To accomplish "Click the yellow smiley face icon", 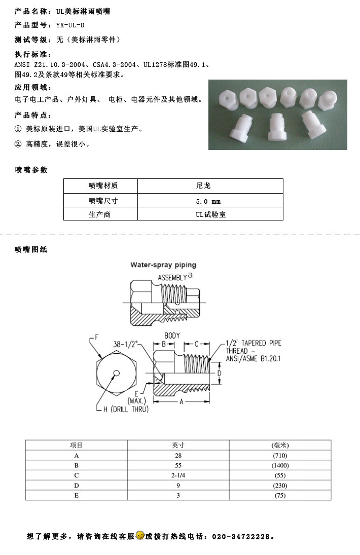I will click(x=140, y=535).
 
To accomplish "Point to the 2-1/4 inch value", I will click(x=178, y=475).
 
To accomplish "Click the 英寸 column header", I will click(x=178, y=445).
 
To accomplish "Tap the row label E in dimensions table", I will click(x=77, y=495).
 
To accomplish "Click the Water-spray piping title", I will click(x=163, y=265).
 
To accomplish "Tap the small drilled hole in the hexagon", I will click(x=116, y=373).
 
